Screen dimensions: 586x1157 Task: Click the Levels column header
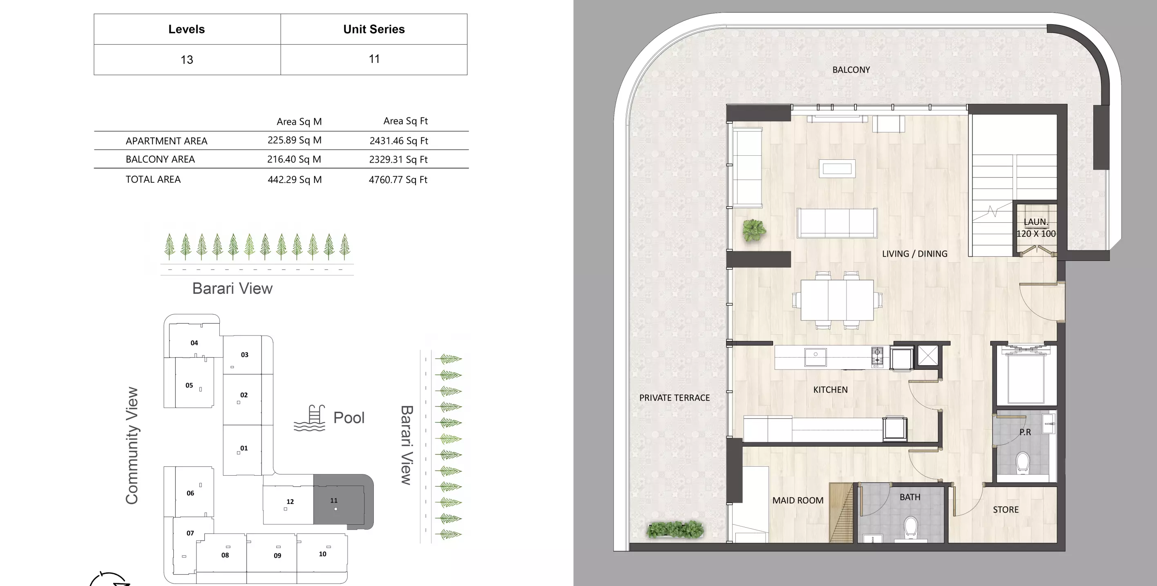[x=186, y=29]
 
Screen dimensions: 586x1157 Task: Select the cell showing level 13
[x=186, y=60]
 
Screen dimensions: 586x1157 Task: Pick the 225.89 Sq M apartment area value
[x=294, y=140]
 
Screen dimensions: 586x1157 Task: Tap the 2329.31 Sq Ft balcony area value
[x=398, y=159]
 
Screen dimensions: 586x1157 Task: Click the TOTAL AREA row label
[x=153, y=179]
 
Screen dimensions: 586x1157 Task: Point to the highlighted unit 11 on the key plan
[x=339, y=500]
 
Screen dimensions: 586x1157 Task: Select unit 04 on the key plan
[x=194, y=342]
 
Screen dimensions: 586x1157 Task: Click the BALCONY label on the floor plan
[x=851, y=69]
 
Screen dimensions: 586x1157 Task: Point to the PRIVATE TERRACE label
[x=674, y=398]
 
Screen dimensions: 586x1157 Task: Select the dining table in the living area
[x=837, y=300]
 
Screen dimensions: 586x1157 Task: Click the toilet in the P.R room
[x=1023, y=463]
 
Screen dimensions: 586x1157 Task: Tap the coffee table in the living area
[x=837, y=168]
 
